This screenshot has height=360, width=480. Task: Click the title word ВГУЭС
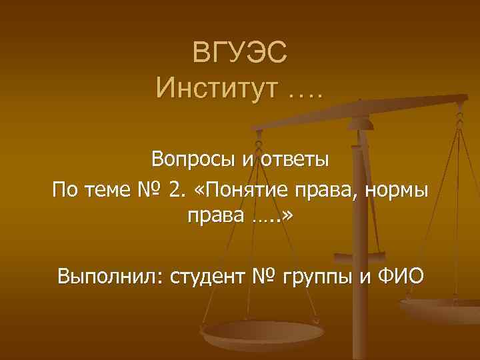[240, 53]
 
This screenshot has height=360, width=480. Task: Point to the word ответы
[293, 160]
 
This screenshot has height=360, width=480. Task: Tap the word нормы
[396, 191]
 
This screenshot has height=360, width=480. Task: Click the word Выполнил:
[111, 275]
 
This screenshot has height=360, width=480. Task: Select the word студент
[211, 275]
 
